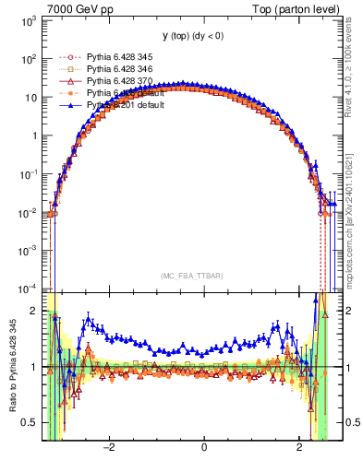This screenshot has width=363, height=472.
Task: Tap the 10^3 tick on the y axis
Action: point(29,19)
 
